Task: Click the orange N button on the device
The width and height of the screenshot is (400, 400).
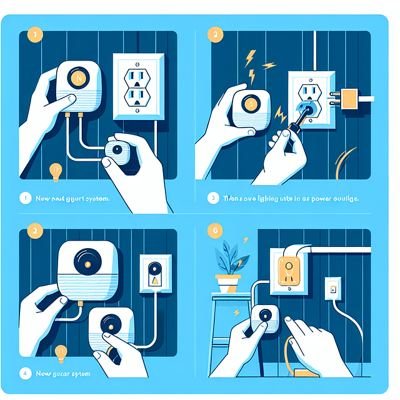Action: coord(79,79)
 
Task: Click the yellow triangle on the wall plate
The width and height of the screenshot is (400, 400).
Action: coord(155,282)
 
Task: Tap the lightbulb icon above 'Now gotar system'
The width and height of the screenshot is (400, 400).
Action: coord(61,352)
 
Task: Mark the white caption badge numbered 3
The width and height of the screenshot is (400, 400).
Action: coord(212,198)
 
